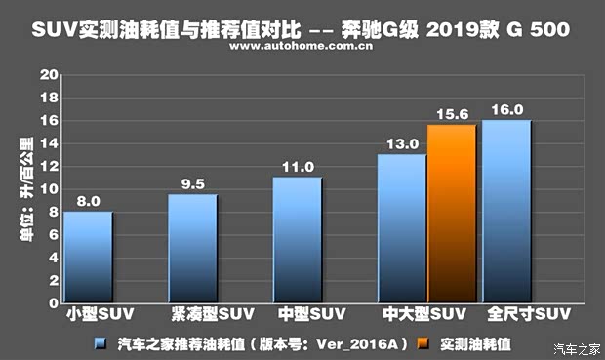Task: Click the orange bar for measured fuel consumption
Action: (452, 214)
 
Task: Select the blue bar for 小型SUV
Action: (88, 258)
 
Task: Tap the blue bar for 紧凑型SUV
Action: (192, 249)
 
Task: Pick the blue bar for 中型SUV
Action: (297, 240)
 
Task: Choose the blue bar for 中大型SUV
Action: (402, 228)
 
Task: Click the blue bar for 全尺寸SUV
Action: (506, 212)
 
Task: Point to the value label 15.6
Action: (452, 113)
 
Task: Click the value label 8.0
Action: (88, 201)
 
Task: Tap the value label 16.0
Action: (506, 109)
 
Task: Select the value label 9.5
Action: (192, 183)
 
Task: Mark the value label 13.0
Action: (400, 143)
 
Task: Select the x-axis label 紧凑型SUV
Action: (203, 315)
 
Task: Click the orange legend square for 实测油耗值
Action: (423, 343)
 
